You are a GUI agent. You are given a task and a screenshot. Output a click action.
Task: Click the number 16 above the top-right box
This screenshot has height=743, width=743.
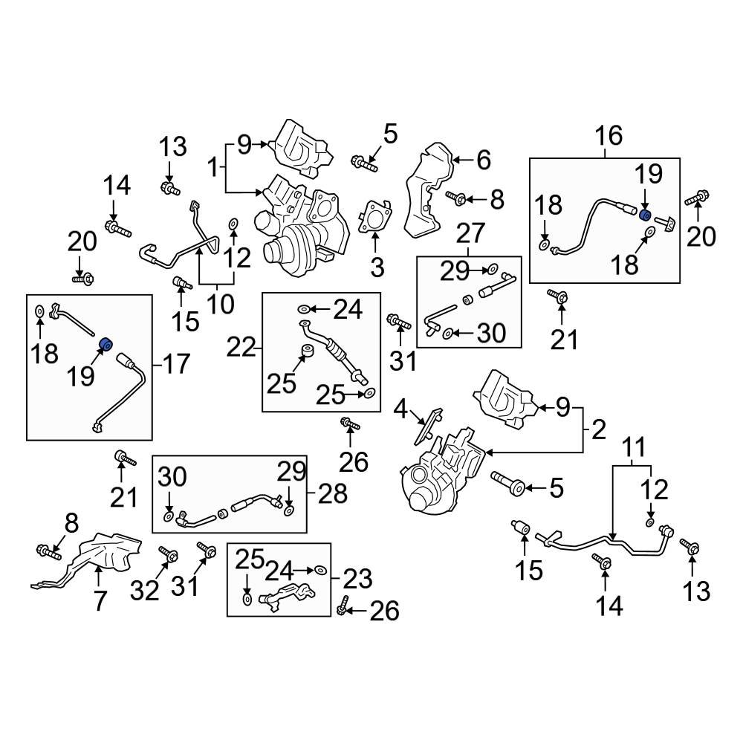click(x=608, y=136)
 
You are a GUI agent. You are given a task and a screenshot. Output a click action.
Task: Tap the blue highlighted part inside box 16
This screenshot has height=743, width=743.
click(x=645, y=215)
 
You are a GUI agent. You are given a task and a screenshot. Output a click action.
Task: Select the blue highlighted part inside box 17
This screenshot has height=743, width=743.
click(x=106, y=343)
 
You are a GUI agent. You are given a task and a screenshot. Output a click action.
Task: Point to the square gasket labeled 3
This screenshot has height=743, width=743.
click(x=375, y=218)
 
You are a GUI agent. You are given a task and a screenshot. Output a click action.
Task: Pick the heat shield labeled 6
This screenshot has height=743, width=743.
click(x=427, y=189)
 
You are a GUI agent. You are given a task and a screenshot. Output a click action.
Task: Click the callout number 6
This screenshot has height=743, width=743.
click(x=484, y=160)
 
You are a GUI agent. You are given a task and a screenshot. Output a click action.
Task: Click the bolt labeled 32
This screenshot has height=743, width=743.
click(x=167, y=554)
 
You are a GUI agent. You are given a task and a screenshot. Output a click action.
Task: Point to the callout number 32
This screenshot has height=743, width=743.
click(x=145, y=591)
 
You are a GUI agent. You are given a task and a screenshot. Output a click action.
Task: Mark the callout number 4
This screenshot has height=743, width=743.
click(x=400, y=410)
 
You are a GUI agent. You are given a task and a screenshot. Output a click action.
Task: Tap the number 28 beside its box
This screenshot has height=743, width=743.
click(x=332, y=493)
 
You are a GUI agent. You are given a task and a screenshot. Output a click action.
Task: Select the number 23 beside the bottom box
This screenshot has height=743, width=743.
click(x=356, y=578)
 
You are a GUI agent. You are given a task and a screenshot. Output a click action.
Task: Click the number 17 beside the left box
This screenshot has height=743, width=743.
click(x=175, y=363)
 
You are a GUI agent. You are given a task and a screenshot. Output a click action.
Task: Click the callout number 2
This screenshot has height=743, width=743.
click(x=600, y=429)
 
